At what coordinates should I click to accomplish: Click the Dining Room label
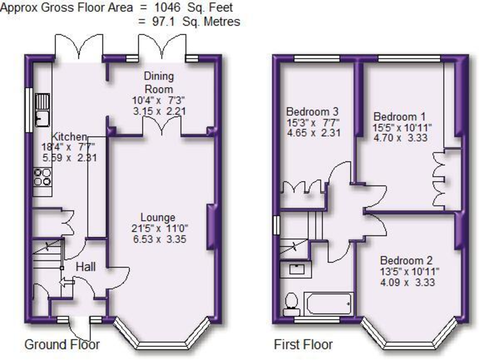159,82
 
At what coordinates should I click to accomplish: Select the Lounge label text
158,217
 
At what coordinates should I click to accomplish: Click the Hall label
86,267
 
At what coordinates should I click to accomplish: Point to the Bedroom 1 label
399,117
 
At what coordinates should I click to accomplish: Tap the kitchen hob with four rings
42,177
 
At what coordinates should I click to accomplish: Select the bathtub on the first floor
328,305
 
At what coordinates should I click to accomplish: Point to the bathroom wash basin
297,270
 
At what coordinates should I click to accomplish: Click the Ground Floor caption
62,344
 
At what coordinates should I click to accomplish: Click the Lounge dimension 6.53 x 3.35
158,239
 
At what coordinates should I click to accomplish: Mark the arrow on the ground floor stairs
65,282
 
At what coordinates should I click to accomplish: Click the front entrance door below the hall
80,327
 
